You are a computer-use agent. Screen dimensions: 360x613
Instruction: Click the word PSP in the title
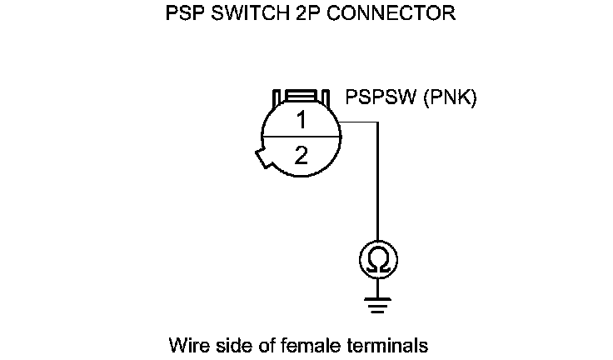pyautogui.click(x=186, y=14)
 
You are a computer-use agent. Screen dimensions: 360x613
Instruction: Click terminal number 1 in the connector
pyautogui.click(x=301, y=120)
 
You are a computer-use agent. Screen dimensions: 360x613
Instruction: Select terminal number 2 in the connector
pyautogui.click(x=301, y=156)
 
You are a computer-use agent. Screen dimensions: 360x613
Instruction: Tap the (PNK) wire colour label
pyautogui.click(x=450, y=98)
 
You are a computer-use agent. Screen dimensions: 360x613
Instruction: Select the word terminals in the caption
pyautogui.click(x=385, y=344)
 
